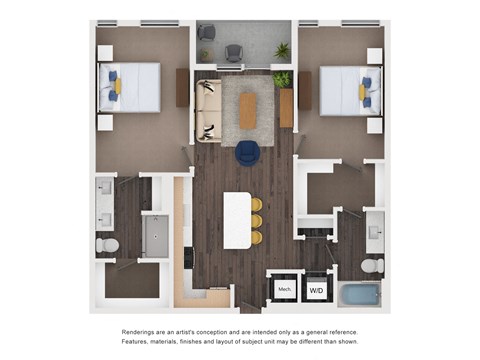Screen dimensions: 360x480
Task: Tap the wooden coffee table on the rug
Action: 248,110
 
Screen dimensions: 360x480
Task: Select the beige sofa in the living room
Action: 208,110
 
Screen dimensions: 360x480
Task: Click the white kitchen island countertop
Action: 236,219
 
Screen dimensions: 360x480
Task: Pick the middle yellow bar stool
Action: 256,220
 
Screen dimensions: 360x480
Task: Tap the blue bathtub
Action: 359,295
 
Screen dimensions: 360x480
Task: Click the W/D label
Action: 316,290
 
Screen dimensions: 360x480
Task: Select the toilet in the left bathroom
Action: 107,244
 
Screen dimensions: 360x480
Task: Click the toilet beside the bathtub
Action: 371,265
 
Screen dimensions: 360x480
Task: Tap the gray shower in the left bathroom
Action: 156,235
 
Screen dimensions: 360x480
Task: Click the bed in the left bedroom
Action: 130,87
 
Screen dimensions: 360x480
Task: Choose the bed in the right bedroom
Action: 347,90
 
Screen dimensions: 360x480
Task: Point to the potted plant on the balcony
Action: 283,50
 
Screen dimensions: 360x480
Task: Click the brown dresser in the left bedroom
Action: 182,87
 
